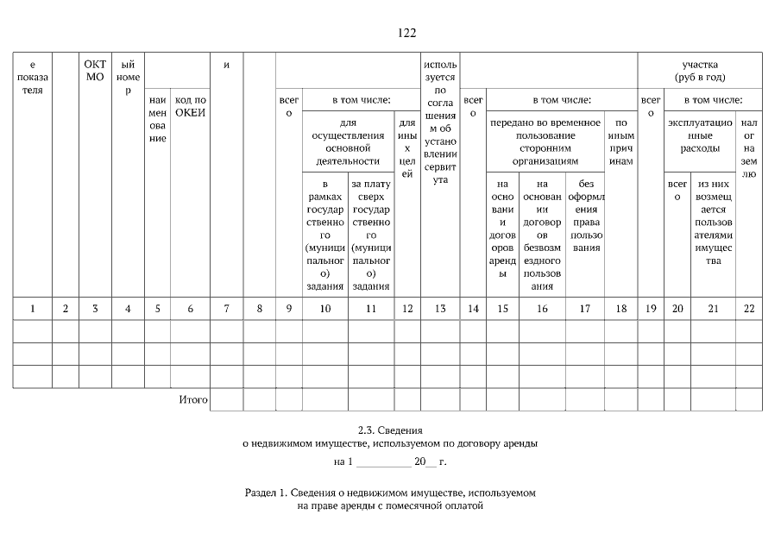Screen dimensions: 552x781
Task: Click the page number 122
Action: [x=406, y=34]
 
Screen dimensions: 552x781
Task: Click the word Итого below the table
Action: [x=193, y=400]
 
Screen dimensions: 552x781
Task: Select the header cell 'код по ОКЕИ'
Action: [x=191, y=107]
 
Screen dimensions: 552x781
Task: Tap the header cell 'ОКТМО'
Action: [x=95, y=70]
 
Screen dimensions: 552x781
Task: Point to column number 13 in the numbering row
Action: [x=440, y=308]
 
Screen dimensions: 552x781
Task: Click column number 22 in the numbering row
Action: [x=748, y=308]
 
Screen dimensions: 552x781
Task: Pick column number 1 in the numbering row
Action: [x=33, y=308]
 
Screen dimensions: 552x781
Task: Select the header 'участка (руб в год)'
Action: [x=700, y=71]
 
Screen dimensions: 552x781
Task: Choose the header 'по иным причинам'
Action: [x=620, y=141]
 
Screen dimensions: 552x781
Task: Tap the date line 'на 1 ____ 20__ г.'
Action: [x=390, y=461]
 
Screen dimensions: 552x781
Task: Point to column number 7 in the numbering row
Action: [x=226, y=308]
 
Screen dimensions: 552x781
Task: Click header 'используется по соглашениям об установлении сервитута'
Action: [x=440, y=122]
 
